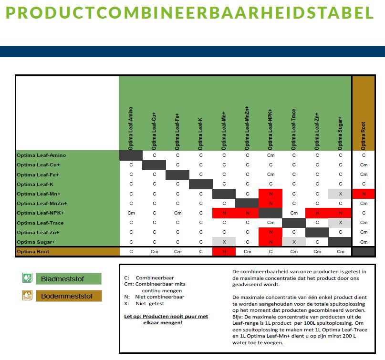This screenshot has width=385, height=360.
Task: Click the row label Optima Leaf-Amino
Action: [41, 155]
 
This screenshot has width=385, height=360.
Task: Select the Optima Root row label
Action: [33, 252]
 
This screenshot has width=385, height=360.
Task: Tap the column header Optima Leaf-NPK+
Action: [271, 129]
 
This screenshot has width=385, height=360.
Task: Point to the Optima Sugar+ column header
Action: [340, 133]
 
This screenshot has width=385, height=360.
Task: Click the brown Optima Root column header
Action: [364, 113]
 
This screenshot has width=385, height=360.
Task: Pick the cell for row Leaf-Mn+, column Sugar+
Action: [340, 194]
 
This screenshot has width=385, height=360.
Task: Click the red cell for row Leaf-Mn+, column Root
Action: [364, 194]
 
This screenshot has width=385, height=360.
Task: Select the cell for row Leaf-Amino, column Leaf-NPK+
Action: [271, 155]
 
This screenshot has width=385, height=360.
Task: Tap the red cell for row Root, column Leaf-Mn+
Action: [224, 252]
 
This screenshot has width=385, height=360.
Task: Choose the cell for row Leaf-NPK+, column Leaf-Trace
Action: [294, 213]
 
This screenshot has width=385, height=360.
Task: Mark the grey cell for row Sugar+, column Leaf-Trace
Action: [294, 242]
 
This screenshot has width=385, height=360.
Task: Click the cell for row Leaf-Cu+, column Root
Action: [364, 165]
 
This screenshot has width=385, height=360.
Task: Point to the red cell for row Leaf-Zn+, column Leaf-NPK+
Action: [271, 232]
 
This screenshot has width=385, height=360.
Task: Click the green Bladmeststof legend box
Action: [69, 279]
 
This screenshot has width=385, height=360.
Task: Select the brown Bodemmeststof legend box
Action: [69, 296]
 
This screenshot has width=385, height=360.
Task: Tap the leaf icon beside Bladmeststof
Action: [27, 278]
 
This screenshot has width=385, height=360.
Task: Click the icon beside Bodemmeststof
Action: [27, 296]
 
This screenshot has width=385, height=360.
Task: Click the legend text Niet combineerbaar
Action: [160, 297]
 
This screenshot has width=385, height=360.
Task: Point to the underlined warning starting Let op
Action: [166, 319]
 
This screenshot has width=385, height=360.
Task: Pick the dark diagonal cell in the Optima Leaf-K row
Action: [200, 185]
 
